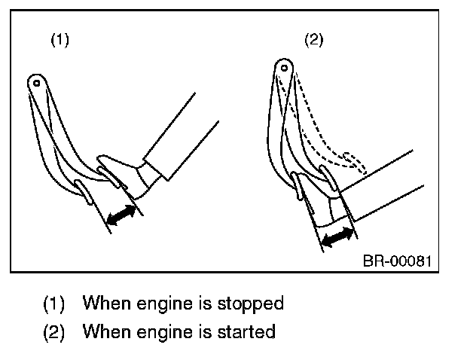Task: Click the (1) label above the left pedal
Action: click(x=60, y=40)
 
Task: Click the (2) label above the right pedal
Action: click(x=314, y=40)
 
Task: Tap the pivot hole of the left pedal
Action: click(x=37, y=83)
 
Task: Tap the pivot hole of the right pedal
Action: click(x=284, y=68)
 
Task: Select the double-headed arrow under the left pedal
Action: click(x=121, y=215)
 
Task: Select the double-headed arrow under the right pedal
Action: click(x=337, y=236)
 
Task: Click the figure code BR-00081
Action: click(x=397, y=261)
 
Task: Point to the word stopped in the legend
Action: click(x=250, y=304)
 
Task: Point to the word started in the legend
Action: click(x=246, y=332)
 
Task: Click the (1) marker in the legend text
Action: click(x=54, y=304)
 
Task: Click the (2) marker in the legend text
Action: click(x=54, y=332)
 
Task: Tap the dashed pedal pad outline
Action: click(x=355, y=163)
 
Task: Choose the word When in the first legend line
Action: click(x=106, y=303)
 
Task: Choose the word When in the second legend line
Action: click(x=106, y=331)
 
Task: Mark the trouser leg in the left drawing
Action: click(x=181, y=137)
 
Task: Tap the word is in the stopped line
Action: click(x=205, y=303)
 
